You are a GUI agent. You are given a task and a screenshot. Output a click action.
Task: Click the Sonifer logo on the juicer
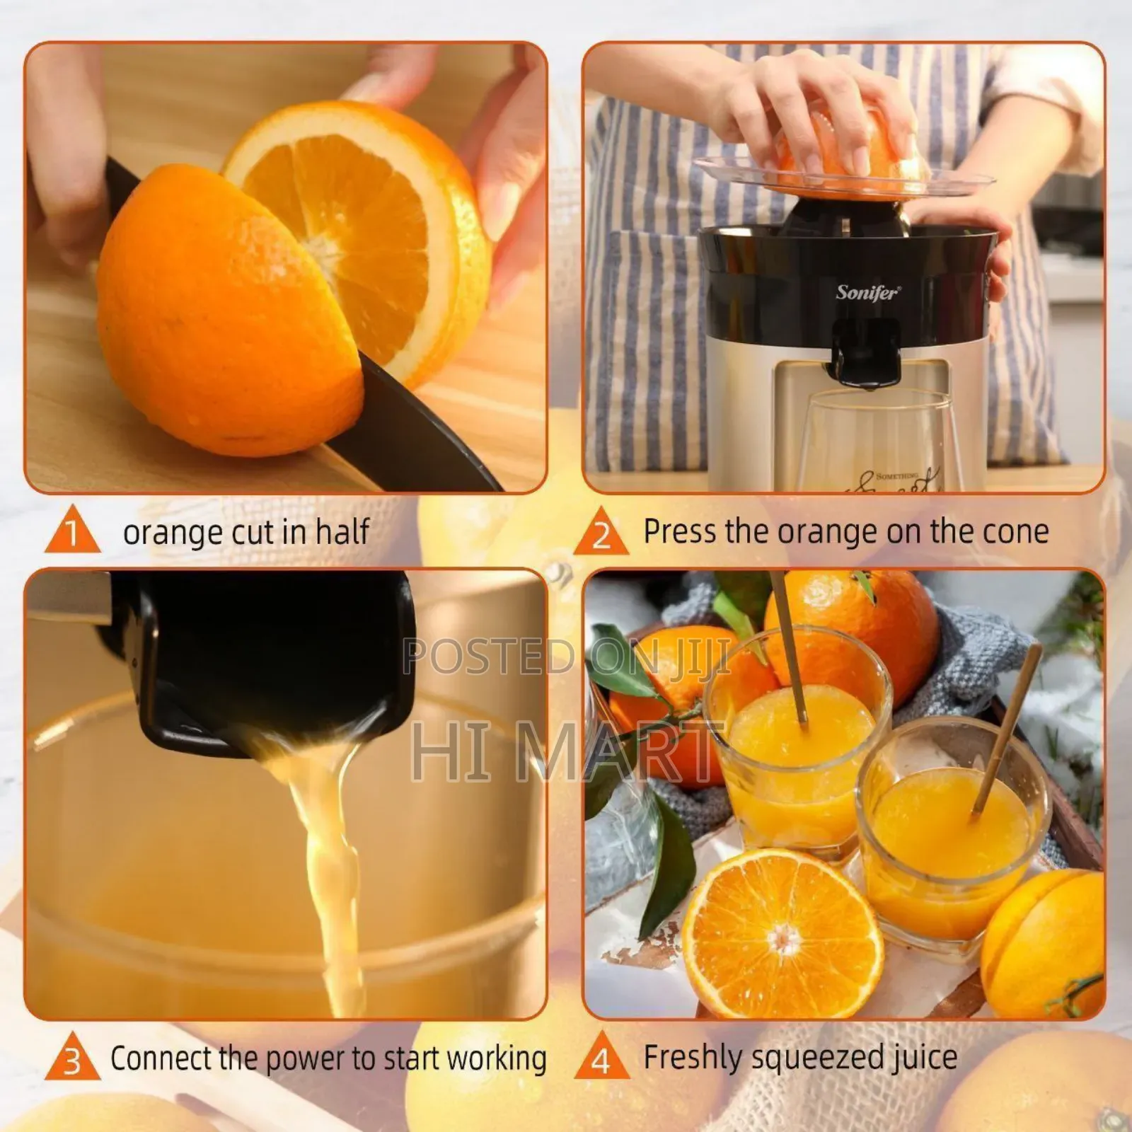click(x=867, y=292)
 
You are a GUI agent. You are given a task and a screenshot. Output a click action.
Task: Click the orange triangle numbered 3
click(x=72, y=1060)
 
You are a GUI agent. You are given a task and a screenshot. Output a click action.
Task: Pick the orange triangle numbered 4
click(x=601, y=1059)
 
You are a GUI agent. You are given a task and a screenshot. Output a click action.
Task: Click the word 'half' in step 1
click(x=342, y=531)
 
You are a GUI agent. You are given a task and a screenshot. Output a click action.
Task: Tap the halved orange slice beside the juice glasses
click(x=782, y=932)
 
